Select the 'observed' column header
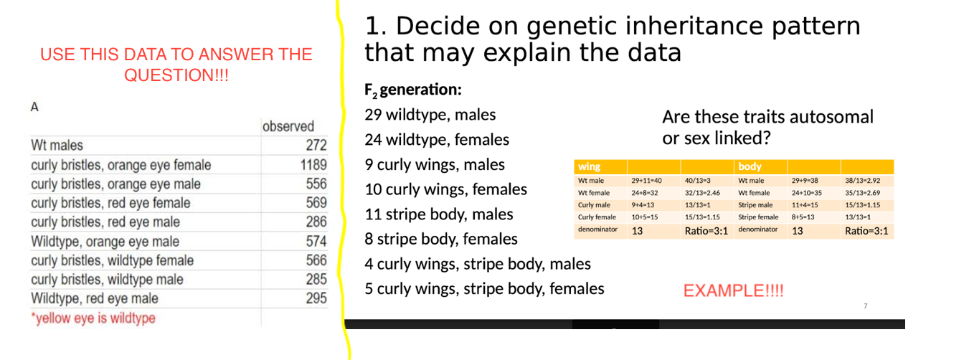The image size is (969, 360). pos(288,126)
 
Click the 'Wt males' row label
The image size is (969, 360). pos(57,146)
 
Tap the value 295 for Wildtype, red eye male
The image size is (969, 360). pos(316,298)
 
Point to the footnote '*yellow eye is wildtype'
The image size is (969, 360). pos(93,318)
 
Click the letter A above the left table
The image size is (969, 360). pos(34,107)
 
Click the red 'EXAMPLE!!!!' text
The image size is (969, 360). pos(733,290)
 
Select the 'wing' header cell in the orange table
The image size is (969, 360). pos(590,166)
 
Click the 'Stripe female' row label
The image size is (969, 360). pos(758,217)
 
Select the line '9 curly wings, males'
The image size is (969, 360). pos(435,165)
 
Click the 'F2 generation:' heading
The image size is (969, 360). pos(412,90)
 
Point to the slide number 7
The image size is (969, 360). pos(865,306)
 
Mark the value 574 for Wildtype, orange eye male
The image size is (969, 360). pos(316,241)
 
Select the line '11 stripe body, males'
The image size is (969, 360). pos(439,214)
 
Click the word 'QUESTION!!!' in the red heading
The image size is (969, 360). pos(176,75)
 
